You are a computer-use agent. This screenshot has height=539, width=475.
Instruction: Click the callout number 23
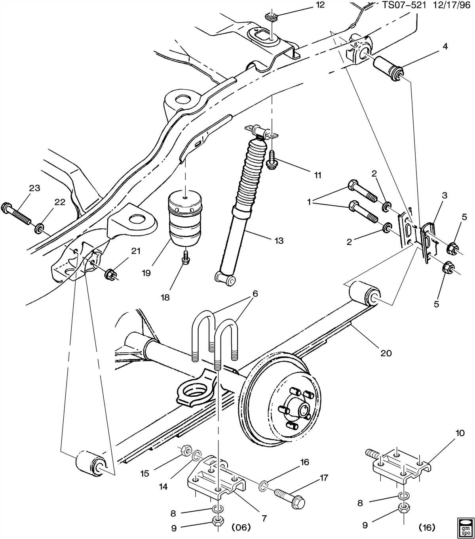pyautogui.click(x=34, y=188)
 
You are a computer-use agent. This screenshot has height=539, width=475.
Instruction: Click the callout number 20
pyautogui.click(x=386, y=352)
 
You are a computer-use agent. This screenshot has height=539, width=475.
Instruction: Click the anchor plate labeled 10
pyautogui.click(x=400, y=468)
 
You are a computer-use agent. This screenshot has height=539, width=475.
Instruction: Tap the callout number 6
pyautogui.click(x=255, y=294)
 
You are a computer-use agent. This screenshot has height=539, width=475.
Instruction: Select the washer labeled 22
pyautogui.click(x=40, y=228)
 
